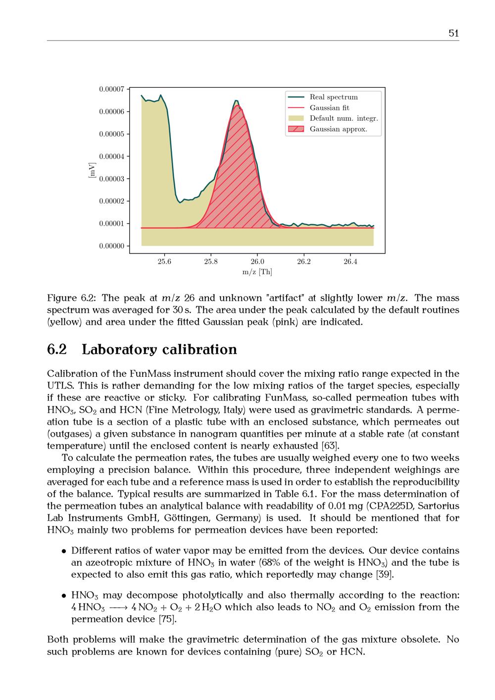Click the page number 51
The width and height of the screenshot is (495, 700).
(x=453, y=33)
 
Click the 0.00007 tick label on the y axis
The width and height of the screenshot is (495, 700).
(x=111, y=89)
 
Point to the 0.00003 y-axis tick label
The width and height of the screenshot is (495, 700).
(x=111, y=179)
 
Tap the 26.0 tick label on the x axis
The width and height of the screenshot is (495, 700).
(x=257, y=261)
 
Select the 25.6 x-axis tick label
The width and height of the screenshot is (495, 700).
(x=164, y=261)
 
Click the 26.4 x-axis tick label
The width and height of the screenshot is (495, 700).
(x=350, y=261)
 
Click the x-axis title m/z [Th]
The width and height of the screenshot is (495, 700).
(x=257, y=272)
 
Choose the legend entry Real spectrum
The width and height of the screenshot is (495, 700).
(x=333, y=97)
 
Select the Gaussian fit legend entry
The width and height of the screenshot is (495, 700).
(x=329, y=108)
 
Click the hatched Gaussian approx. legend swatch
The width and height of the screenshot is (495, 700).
(x=296, y=129)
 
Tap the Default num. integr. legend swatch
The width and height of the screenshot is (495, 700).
(x=296, y=118)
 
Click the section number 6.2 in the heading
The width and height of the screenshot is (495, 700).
(x=57, y=350)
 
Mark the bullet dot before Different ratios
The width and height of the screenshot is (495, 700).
(x=64, y=551)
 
